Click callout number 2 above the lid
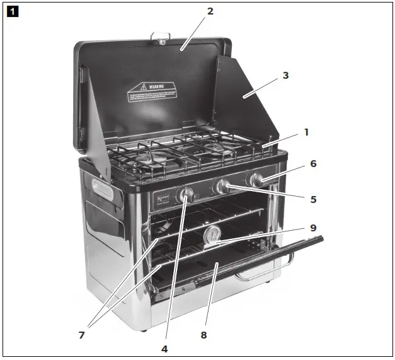(x=210, y=11)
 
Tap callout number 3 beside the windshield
(x=285, y=76)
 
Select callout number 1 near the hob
(x=306, y=132)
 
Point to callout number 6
(x=313, y=164)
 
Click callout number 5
(x=313, y=199)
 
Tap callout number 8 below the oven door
(x=203, y=335)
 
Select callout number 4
(x=165, y=347)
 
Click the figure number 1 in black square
(x=13, y=11)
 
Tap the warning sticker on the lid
(x=151, y=93)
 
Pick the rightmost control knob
(x=256, y=180)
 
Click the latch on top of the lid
(x=160, y=38)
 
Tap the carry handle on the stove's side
(x=103, y=190)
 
